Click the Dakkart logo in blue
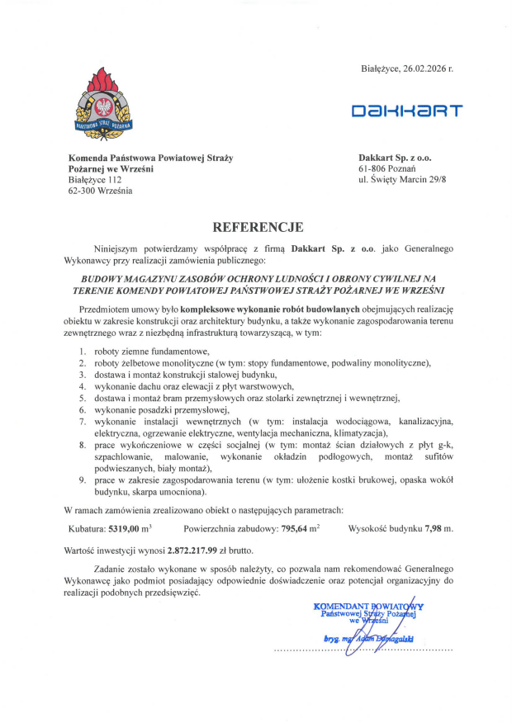[x=407, y=111]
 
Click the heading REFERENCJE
[x=258, y=227]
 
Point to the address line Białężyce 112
[x=95, y=179]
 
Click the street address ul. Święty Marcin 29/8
[x=402, y=179]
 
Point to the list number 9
[x=83, y=480]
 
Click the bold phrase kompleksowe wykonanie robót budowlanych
[x=252, y=308]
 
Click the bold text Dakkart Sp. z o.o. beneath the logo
[x=395, y=156]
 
